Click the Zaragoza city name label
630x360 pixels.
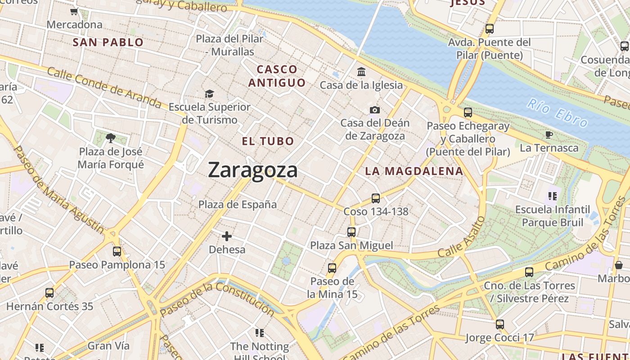click(252, 170)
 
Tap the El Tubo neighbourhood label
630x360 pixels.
click(268, 141)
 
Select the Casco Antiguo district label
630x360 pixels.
click(277, 76)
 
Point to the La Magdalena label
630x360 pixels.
click(414, 171)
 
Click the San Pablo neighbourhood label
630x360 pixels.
click(108, 43)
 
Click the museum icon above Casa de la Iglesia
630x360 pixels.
click(361, 72)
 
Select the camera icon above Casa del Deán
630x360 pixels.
click(374, 110)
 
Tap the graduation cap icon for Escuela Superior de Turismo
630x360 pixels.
click(209, 94)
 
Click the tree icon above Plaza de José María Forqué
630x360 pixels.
click(110, 138)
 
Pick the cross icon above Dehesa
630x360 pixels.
click(227, 236)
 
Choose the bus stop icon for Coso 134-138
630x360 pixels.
click(375, 198)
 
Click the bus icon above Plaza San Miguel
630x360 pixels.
click(351, 232)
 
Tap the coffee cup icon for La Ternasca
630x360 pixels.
click(549, 135)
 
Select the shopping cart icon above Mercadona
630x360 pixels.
click(74, 12)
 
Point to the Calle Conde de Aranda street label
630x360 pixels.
click(103, 87)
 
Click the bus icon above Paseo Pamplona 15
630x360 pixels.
click(117, 252)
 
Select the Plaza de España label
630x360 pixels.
click(238, 204)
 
